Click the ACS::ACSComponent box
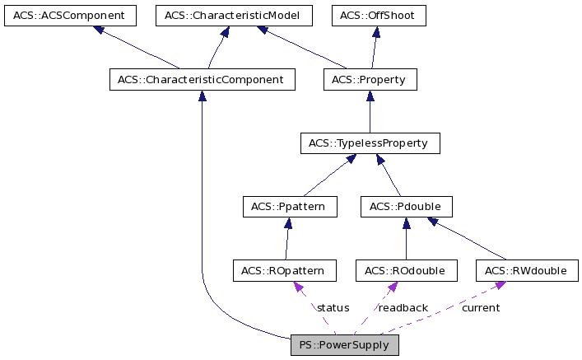[x=69, y=16]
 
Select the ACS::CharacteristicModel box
[x=234, y=16]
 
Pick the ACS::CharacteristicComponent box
[x=202, y=80]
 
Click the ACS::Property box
[x=370, y=80]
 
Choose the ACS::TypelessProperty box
[x=370, y=143]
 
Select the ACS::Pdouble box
[x=407, y=207]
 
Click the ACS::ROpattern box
[x=284, y=270]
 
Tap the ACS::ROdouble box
[x=406, y=270]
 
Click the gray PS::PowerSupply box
[x=345, y=344]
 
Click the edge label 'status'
[x=333, y=307]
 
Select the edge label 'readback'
[x=403, y=307]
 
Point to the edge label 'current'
[x=480, y=307]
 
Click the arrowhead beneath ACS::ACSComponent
[x=100, y=30]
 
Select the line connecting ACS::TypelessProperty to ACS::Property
[x=370, y=115]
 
